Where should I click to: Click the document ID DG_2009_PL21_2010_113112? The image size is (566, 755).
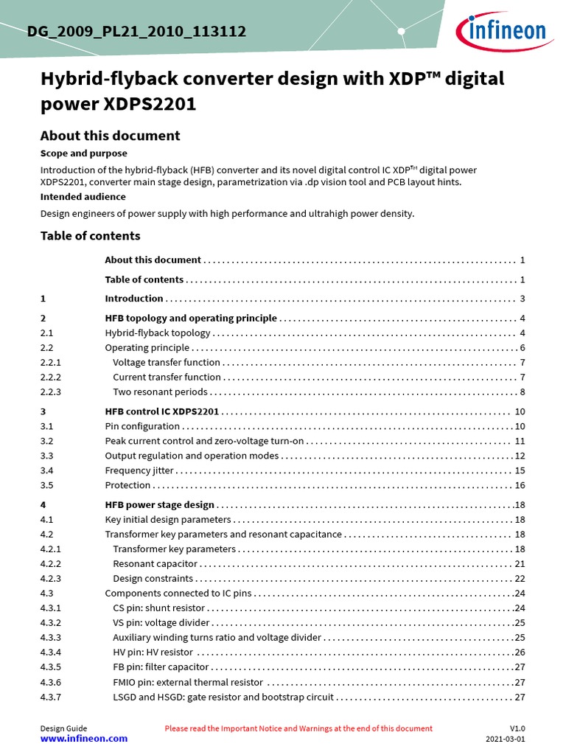click(x=136, y=32)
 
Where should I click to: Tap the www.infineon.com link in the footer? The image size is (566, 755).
click(x=83, y=738)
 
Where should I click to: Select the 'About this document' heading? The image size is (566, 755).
click(x=110, y=136)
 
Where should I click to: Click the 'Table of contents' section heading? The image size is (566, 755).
click(x=90, y=236)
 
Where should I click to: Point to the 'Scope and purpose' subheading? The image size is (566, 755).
click(x=83, y=153)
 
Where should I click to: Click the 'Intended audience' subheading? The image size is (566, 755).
click(x=83, y=197)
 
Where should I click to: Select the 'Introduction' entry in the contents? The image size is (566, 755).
click(x=134, y=299)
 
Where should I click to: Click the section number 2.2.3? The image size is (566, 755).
click(x=51, y=392)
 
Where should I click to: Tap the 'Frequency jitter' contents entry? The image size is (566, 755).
click(x=139, y=470)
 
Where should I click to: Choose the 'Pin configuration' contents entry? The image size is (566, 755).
click(x=142, y=426)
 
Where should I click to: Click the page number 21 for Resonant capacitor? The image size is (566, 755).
click(x=520, y=564)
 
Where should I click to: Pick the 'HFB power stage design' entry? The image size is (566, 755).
click(x=160, y=505)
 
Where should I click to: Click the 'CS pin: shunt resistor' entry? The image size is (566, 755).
click(x=158, y=608)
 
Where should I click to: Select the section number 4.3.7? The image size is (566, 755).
click(x=51, y=697)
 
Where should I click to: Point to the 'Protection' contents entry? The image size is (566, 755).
click(x=128, y=485)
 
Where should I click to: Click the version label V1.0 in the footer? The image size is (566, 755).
click(x=517, y=728)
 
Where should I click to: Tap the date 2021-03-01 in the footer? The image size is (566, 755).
click(x=505, y=739)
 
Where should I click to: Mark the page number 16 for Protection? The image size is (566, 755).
click(x=520, y=485)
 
